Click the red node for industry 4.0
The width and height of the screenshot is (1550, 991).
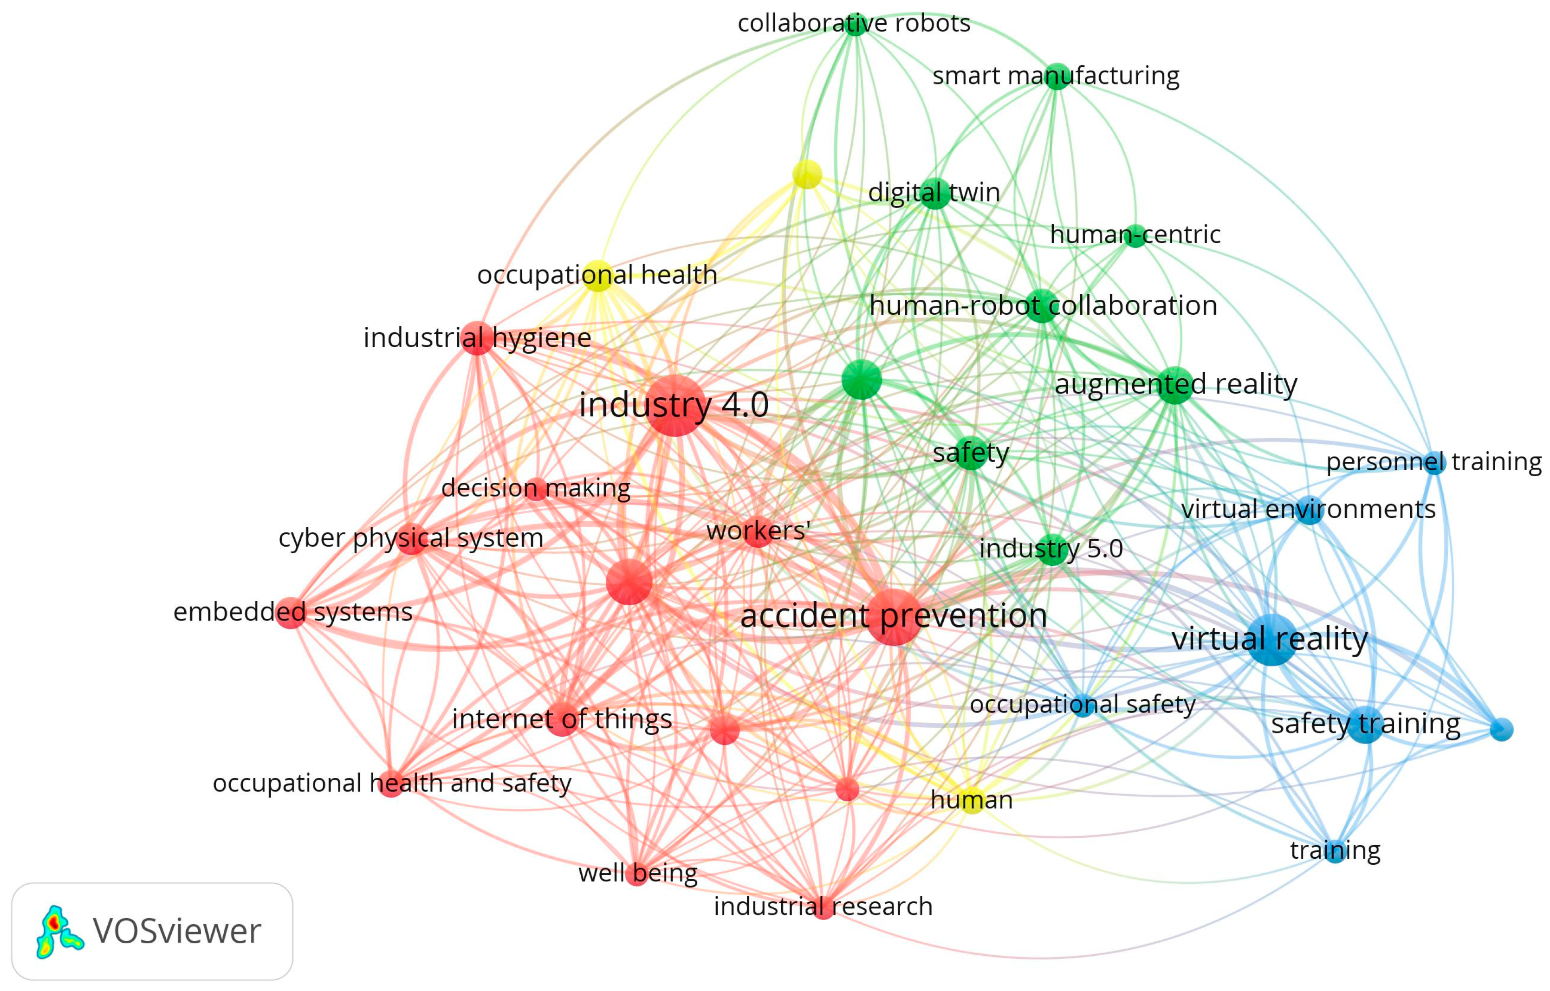pyautogui.click(x=674, y=405)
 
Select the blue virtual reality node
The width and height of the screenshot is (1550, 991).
pyautogui.click(x=1272, y=640)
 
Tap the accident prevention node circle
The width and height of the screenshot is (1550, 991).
pyautogui.click(x=894, y=616)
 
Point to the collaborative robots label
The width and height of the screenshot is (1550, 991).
pyautogui.click(x=854, y=23)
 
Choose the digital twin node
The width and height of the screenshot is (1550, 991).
pyautogui.click(x=935, y=193)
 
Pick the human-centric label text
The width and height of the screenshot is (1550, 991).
pyautogui.click(x=1135, y=235)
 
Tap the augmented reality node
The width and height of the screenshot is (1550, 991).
pyautogui.click(x=1175, y=385)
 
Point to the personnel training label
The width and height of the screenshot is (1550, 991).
pyautogui.click(x=1433, y=462)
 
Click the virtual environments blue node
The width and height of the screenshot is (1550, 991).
pyautogui.click(x=1309, y=510)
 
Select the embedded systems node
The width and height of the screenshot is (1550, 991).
pyautogui.click(x=291, y=612)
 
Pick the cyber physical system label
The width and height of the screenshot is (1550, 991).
pyautogui.click(x=411, y=538)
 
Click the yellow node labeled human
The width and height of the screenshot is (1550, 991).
pyautogui.click(x=972, y=800)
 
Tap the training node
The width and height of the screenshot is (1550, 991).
pyautogui.click(x=1335, y=851)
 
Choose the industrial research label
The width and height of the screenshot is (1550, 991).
pyautogui.click(x=823, y=907)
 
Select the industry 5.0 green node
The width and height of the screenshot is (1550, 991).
pyautogui.click(x=1052, y=550)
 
